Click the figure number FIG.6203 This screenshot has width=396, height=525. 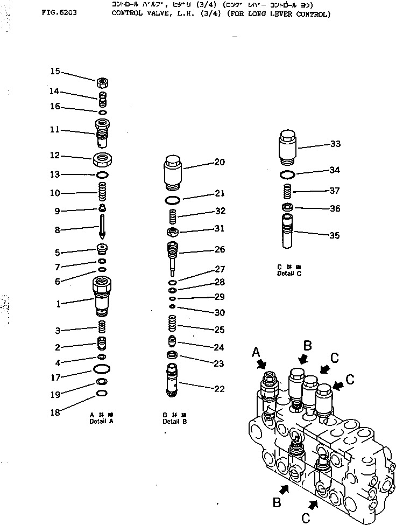point(59,11)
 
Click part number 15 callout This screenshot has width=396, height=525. point(55,71)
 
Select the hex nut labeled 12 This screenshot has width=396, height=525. point(103,159)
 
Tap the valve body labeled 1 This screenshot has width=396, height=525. point(102,296)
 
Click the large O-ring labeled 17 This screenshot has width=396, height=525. point(102,368)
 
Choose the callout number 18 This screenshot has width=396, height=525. point(56,412)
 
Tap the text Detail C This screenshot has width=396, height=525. point(285,274)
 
